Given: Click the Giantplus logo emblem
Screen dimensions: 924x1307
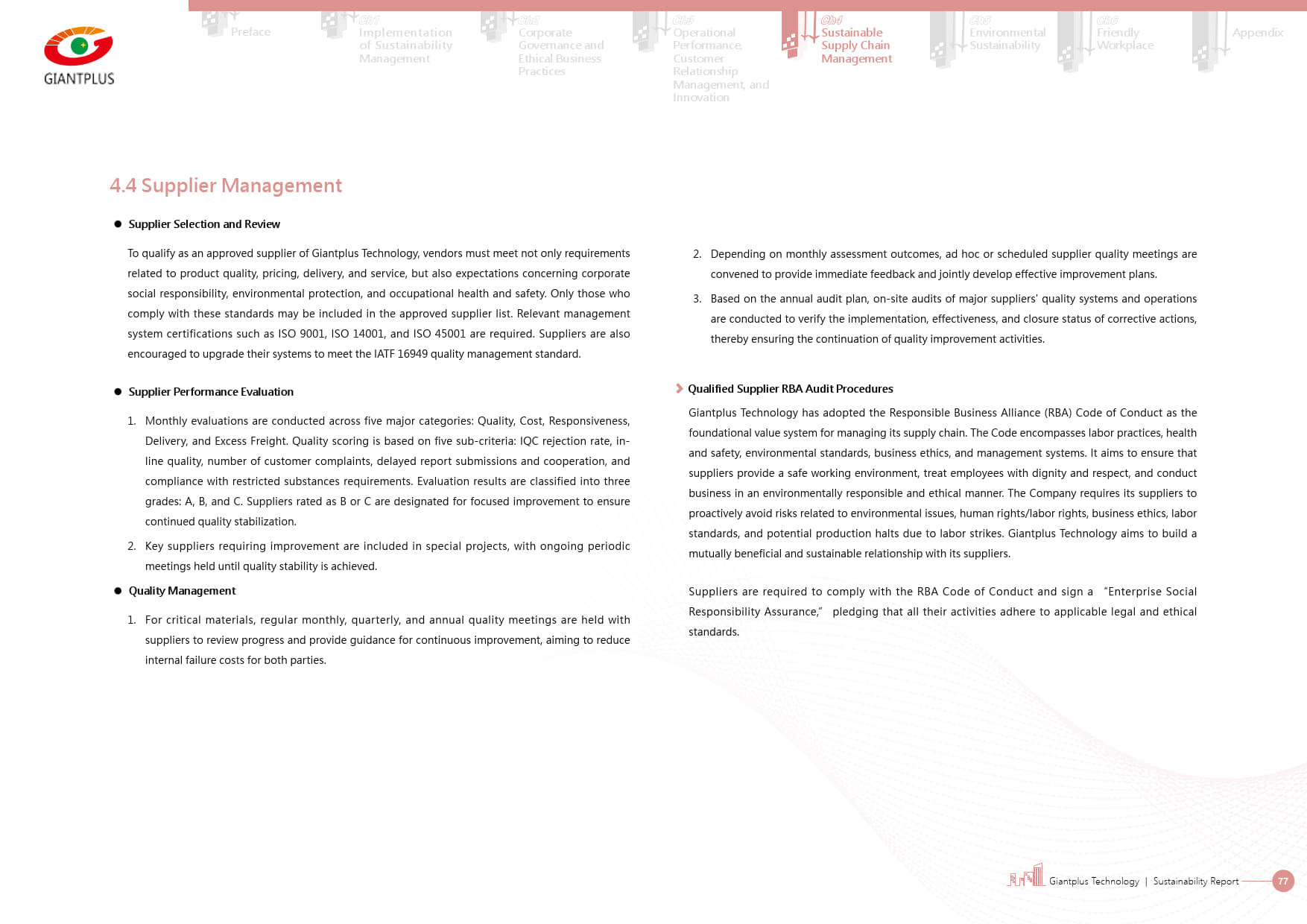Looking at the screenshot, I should pos(78,46).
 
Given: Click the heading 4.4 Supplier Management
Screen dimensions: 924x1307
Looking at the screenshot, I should pos(225,186).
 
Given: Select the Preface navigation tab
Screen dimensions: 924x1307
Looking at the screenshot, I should pos(250,32).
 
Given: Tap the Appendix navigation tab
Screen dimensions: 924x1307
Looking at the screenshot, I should pos(1257,33).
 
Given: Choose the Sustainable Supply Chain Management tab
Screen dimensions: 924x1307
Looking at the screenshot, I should pos(855,45).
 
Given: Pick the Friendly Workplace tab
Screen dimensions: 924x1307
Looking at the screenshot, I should pos(1124,39).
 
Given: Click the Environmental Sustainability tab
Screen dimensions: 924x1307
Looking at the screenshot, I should pos(1007,39).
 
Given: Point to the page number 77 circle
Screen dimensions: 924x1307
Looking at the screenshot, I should pos(1282,881).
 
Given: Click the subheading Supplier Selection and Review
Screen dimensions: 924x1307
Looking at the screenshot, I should pos(204,224).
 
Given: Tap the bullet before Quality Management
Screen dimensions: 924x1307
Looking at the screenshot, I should pos(118,591).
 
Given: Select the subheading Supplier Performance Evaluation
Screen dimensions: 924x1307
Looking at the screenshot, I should pos(211,392).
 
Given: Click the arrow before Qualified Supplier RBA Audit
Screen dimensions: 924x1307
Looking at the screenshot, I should pos(679,388).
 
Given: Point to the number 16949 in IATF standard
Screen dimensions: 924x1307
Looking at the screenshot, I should pos(412,354).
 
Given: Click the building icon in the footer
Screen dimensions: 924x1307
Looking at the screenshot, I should pos(1027,876).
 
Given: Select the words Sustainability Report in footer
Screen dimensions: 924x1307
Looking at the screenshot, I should pos(1195,882).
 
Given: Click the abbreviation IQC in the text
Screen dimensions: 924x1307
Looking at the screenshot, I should pos(529,441).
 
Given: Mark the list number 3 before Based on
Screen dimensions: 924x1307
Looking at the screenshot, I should pos(697,299).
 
